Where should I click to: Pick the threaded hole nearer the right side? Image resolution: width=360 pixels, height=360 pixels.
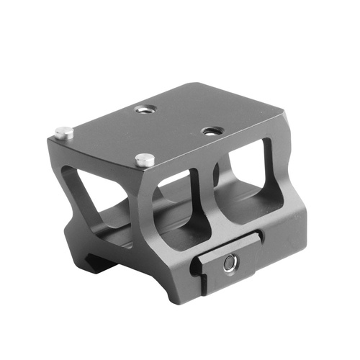coord(211,131)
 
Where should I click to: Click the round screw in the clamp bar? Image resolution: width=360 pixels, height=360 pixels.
coord(229,264)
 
